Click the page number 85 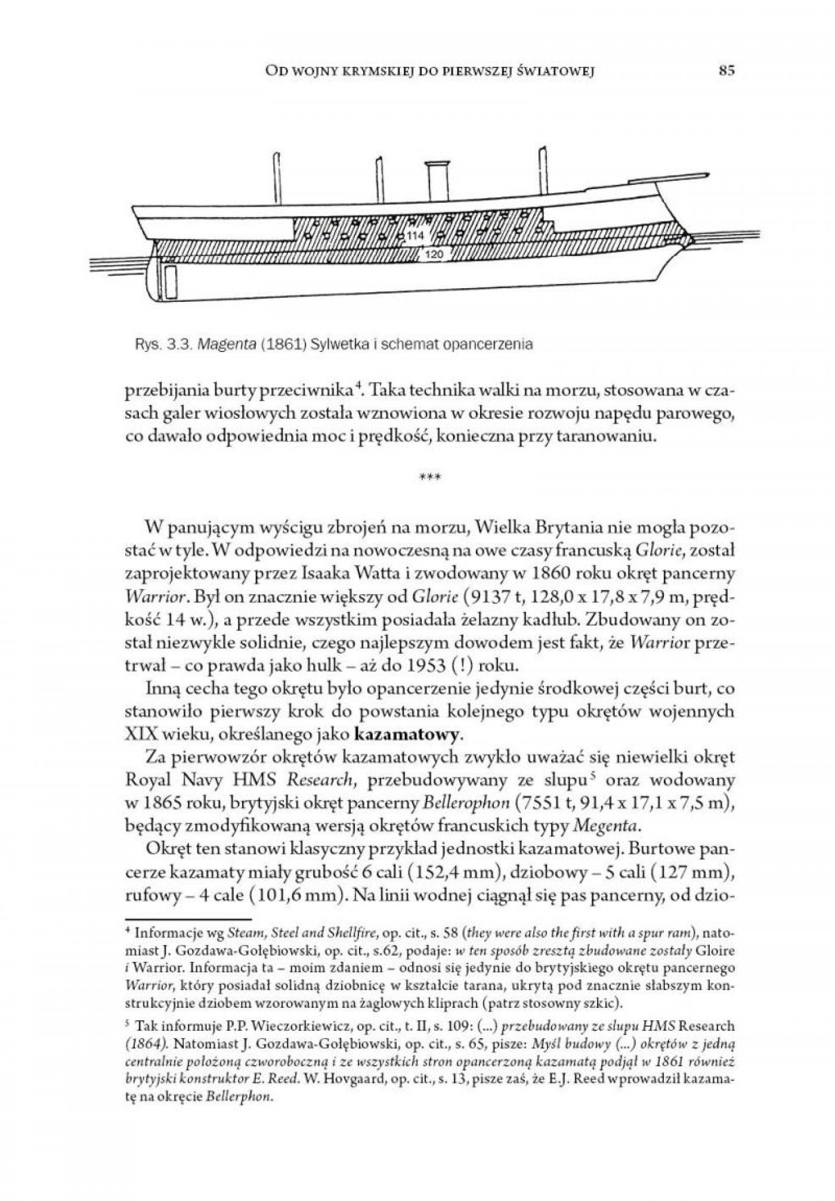point(726,71)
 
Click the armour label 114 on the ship point(415,236)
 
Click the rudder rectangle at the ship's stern point(171,282)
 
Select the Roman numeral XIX point(143,732)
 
